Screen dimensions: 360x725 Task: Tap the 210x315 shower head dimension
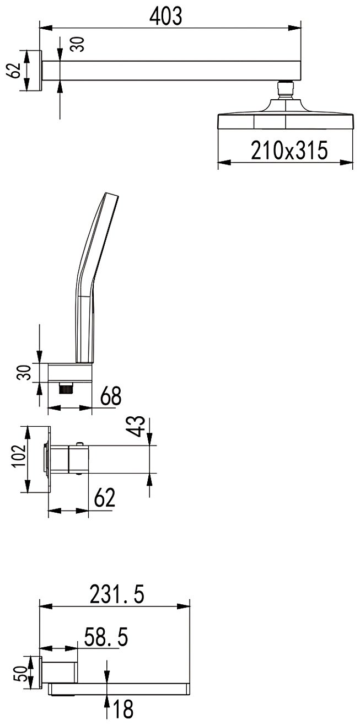(x=289, y=151)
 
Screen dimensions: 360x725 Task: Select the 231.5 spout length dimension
(x=117, y=594)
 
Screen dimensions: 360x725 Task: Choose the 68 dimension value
(x=111, y=395)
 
